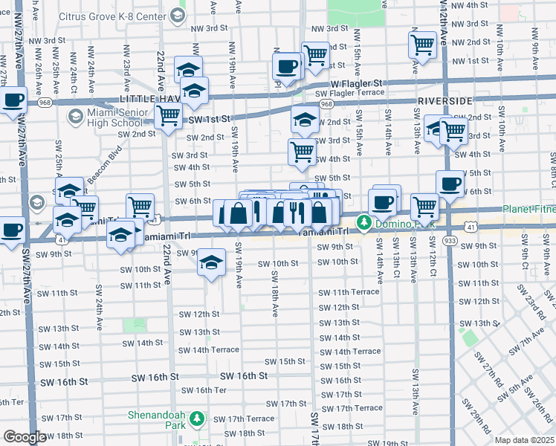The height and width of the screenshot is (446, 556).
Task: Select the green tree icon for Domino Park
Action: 364,222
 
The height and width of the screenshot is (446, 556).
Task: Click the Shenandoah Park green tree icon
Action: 197,420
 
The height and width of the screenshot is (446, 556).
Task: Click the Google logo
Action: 25,437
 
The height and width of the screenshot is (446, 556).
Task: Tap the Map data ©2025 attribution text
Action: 524,440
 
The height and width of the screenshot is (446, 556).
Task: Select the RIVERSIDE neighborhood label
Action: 445,100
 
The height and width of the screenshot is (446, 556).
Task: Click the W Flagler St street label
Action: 356,83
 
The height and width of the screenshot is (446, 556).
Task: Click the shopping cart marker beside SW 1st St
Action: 169,115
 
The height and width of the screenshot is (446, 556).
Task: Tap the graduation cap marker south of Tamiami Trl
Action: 212,262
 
